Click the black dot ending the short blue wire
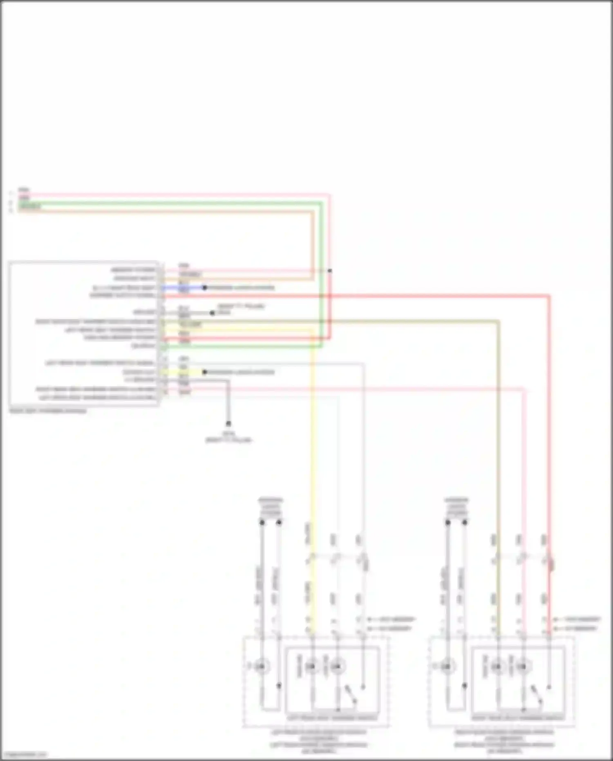tap(205, 287)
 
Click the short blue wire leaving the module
tap(184, 287)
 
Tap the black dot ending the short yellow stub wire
tap(205, 372)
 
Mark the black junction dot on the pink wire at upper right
tap(330, 271)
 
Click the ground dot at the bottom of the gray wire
tap(228, 424)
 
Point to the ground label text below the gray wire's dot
tap(228, 437)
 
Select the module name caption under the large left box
tap(48, 411)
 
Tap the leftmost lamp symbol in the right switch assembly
tap(447, 667)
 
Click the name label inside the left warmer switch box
tap(332, 718)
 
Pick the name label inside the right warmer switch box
tap(518, 718)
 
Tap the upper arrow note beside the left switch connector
tap(392, 620)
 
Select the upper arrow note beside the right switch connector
tap(577, 620)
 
